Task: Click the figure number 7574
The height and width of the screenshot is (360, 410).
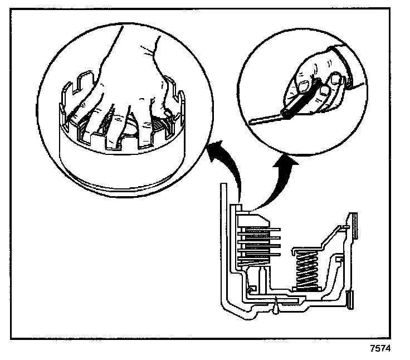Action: (x=381, y=350)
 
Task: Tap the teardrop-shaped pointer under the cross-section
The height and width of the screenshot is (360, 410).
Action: (x=276, y=305)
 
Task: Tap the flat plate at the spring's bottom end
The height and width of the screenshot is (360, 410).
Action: (x=306, y=291)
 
